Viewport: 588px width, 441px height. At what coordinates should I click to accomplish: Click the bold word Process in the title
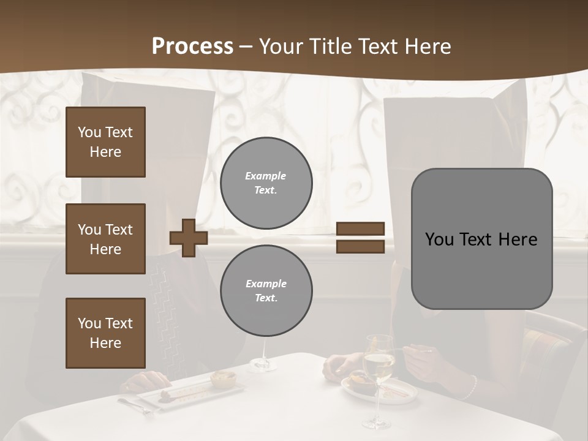click(x=192, y=47)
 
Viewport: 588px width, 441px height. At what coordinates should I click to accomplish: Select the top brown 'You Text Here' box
click(x=105, y=142)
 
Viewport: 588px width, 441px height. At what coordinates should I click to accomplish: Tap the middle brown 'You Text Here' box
click(x=105, y=239)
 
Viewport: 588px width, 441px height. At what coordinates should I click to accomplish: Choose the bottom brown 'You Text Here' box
click(x=105, y=333)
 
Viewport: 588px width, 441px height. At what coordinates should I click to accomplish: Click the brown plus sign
click(x=189, y=238)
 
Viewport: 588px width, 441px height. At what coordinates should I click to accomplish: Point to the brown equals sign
click(x=360, y=238)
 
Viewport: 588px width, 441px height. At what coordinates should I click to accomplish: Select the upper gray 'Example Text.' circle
click(x=266, y=183)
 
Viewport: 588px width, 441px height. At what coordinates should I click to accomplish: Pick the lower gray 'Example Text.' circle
click(x=266, y=291)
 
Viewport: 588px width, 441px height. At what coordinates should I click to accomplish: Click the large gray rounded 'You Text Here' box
click(x=481, y=239)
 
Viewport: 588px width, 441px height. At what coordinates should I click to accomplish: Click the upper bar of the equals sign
click(x=360, y=229)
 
